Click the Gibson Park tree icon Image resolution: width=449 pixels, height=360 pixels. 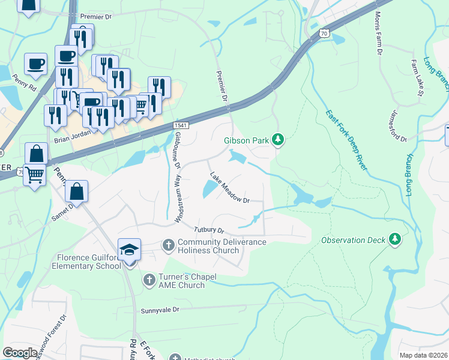(x=277, y=140)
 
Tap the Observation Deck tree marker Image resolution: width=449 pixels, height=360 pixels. (x=394, y=240)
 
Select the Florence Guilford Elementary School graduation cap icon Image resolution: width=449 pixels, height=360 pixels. (x=129, y=250)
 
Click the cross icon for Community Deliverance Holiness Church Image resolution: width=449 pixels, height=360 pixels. (x=169, y=245)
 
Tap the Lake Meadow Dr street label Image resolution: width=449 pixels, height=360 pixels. (x=229, y=188)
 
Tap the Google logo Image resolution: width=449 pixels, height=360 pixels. (x=20, y=353)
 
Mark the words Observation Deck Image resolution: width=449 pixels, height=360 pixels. (x=353, y=241)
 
